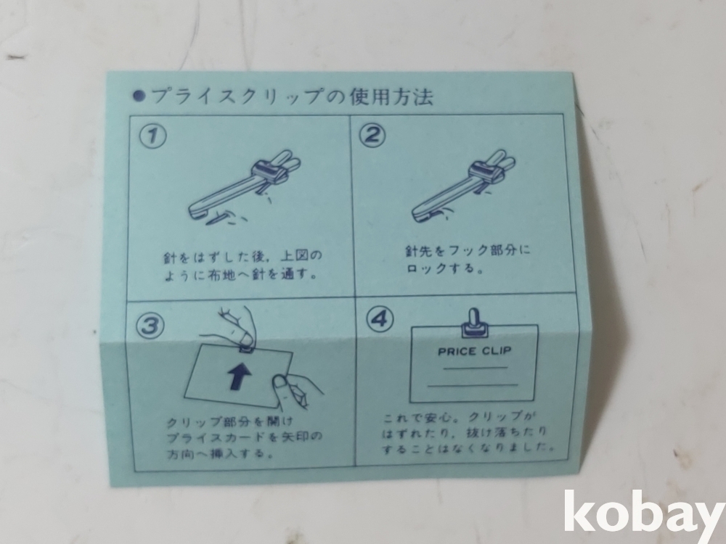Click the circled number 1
coord(152,137)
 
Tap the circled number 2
coord(373,136)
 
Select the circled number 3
coord(150,325)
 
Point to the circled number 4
coord(380,320)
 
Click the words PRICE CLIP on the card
coord(475,351)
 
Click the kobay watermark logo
coord(644,511)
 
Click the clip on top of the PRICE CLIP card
coord(474,323)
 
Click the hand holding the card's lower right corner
coord(295,390)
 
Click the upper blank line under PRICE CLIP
coord(475,368)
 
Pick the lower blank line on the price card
coord(473,384)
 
